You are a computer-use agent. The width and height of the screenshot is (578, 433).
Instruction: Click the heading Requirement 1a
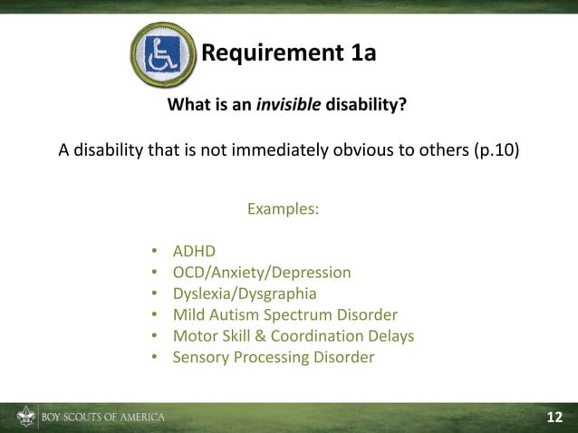click(287, 53)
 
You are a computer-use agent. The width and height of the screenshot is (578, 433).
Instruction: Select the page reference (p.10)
click(497, 149)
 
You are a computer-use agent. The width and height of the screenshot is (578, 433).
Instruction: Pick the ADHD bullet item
click(194, 251)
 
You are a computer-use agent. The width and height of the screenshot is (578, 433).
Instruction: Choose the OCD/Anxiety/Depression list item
click(262, 272)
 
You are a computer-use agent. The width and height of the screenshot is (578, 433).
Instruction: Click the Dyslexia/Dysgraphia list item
click(245, 293)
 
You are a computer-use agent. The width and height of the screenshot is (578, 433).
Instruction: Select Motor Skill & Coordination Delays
click(293, 336)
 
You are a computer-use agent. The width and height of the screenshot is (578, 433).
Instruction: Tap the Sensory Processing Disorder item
click(273, 357)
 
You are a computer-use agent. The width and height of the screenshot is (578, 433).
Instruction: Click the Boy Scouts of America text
click(102, 418)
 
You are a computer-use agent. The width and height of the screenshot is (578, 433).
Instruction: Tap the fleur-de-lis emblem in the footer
click(24, 418)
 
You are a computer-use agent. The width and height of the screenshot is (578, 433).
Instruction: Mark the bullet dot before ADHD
click(155, 251)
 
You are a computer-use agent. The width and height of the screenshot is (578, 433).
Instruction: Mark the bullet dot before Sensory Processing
click(155, 357)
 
